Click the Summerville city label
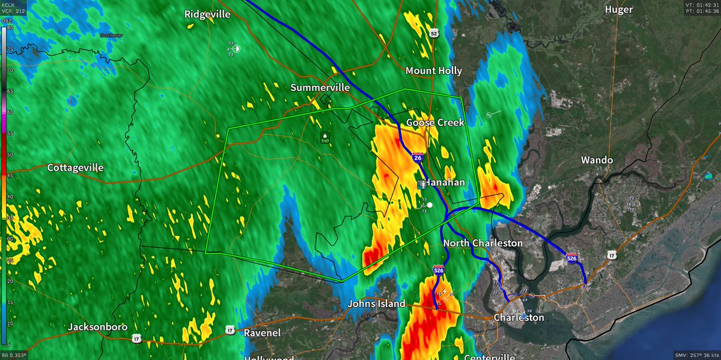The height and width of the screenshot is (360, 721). (x=320, y=88)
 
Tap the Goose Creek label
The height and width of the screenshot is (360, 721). (x=435, y=123)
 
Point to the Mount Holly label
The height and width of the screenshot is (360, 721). (x=434, y=71)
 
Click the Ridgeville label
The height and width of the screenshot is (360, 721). (x=207, y=14)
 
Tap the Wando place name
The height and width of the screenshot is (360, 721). (x=597, y=160)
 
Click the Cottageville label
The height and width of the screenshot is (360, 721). (x=76, y=168)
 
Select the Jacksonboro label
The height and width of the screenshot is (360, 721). (x=97, y=328)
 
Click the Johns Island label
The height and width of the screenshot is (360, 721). (x=377, y=304)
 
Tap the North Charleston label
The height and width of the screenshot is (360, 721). (x=482, y=243)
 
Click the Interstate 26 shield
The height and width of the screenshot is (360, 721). (x=418, y=157)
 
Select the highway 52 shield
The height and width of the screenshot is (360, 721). (x=434, y=34)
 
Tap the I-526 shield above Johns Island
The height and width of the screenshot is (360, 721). (x=439, y=272)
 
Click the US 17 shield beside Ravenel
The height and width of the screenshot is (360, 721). (x=230, y=330)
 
